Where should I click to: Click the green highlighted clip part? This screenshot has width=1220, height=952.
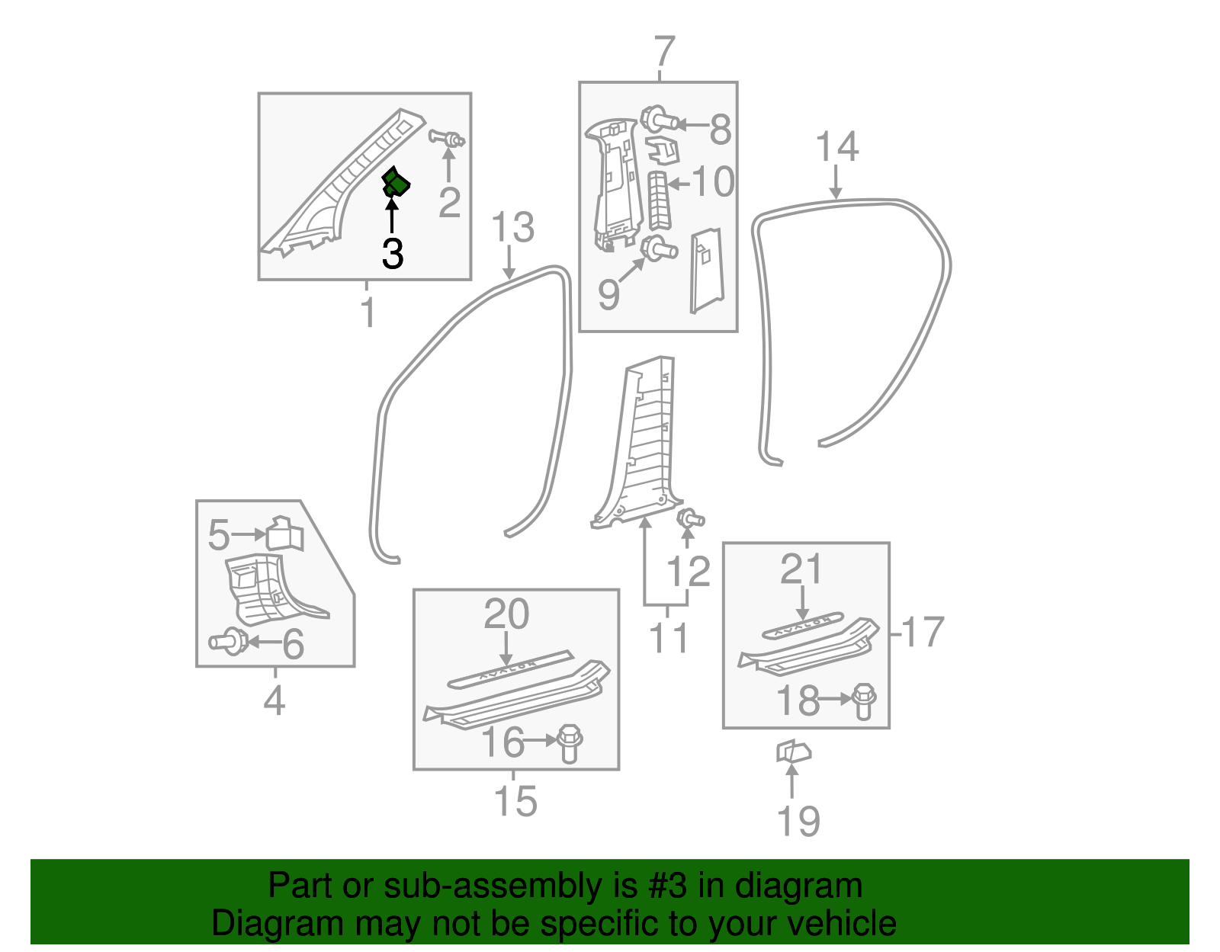click(x=396, y=182)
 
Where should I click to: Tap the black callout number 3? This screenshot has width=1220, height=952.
click(x=393, y=254)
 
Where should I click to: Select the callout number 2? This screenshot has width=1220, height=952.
click(x=449, y=202)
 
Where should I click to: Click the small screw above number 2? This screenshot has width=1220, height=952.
click(x=447, y=138)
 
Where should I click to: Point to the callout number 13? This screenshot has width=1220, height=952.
click(x=512, y=227)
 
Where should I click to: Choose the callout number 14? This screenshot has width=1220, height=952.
click(x=837, y=146)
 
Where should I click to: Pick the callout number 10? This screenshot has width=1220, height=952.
click(x=713, y=181)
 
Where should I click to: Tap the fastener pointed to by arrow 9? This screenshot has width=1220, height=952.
click(x=659, y=249)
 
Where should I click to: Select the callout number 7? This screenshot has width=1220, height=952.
click(x=665, y=52)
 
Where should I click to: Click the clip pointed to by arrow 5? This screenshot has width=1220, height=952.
click(x=284, y=533)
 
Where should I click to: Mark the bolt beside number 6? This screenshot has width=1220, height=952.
click(x=228, y=641)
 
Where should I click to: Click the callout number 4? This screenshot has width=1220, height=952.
click(x=274, y=700)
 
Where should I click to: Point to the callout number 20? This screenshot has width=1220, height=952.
click(x=506, y=614)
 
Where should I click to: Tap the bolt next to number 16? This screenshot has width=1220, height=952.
click(x=570, y=743)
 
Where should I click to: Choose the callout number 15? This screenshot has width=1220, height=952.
click(x=515, y=800)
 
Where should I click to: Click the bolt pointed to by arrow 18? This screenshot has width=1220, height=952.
click(x=863, y=701)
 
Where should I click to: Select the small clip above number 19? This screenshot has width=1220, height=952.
click(x=793, y=752)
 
